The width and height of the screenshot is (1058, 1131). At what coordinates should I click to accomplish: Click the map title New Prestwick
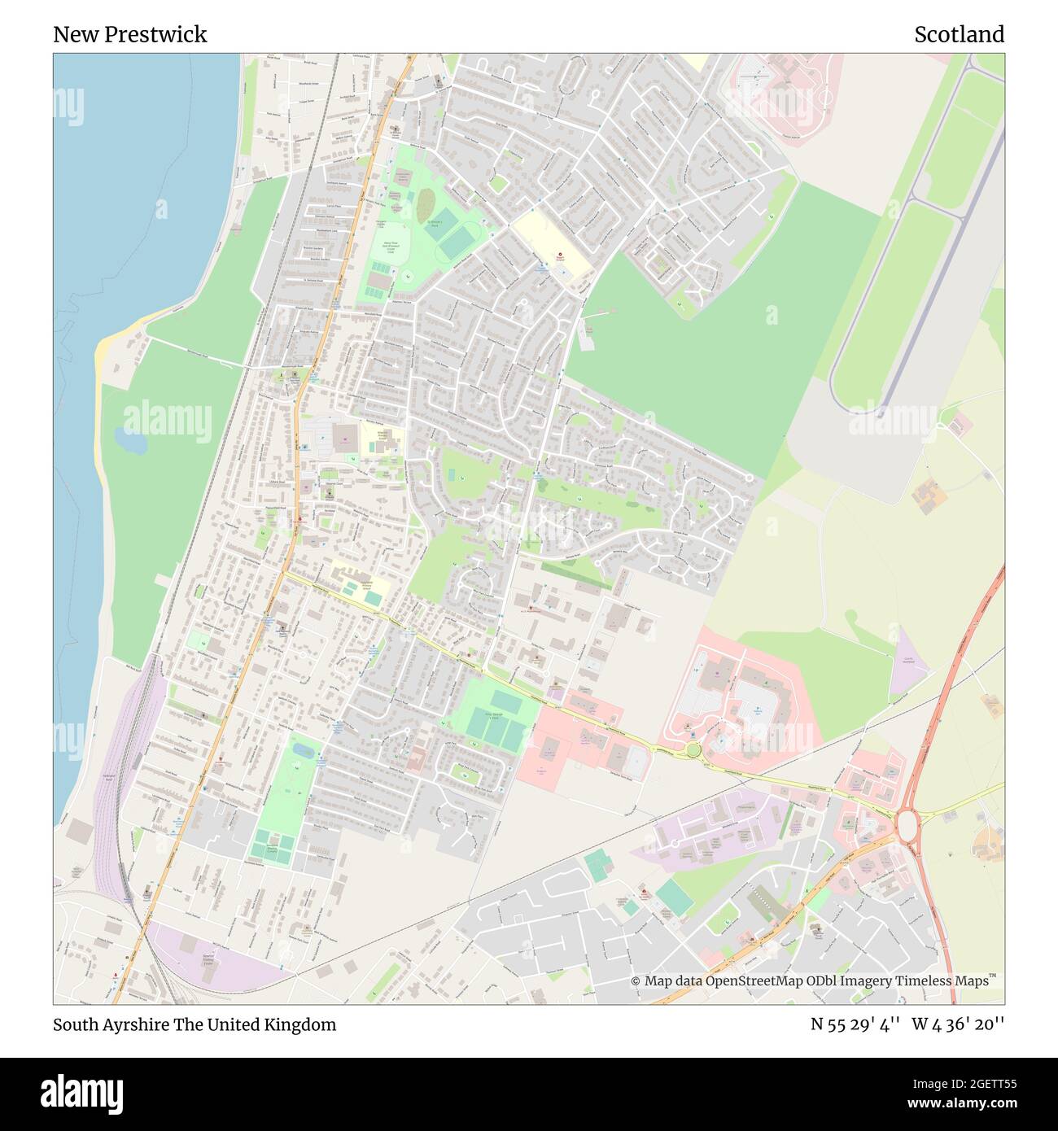pyautogui.click(x=130, y=34)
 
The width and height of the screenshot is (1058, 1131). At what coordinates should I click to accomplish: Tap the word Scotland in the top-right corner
pyautogui.click(x=959, y=34)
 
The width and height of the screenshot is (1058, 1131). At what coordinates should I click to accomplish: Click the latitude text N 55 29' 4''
pyautogui.click(x=855, y=1024)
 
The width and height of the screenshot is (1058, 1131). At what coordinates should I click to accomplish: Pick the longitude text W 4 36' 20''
pyautogui.click(x=958, y=1024)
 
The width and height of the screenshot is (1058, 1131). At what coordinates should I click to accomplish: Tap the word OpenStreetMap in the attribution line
pyautogui.click(x=754, y=981)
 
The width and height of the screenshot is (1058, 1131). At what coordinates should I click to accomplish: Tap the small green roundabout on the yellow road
pyautogui.click(x=693, y=749)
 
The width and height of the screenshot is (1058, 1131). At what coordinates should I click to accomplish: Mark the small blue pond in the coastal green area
pyautogui.click(x=130, y=441)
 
